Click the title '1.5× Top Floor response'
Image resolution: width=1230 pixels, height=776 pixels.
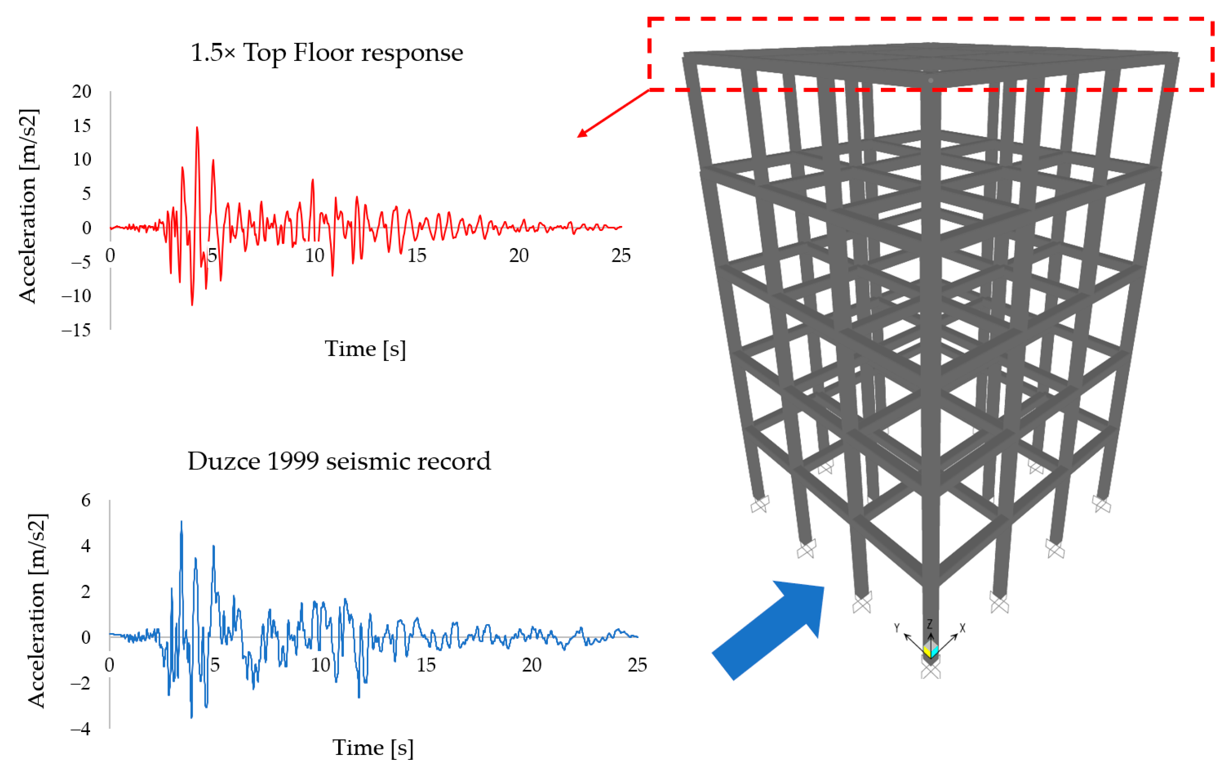327,53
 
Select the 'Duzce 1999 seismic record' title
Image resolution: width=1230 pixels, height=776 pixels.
339,461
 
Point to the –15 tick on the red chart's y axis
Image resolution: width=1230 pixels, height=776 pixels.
76,330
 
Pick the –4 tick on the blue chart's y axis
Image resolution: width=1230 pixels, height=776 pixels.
81,729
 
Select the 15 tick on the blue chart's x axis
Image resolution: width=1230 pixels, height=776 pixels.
426,665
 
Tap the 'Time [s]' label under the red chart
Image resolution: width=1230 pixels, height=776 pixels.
365,349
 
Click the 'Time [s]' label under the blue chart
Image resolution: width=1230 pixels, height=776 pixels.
373,748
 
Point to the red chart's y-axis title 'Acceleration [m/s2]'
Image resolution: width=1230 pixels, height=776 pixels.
28,206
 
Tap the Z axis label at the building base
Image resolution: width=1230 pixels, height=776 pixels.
930,624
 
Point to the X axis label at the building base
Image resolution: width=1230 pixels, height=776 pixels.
962,628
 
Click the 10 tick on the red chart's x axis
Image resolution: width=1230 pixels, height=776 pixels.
315,255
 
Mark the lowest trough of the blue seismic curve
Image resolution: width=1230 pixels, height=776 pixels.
192,717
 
